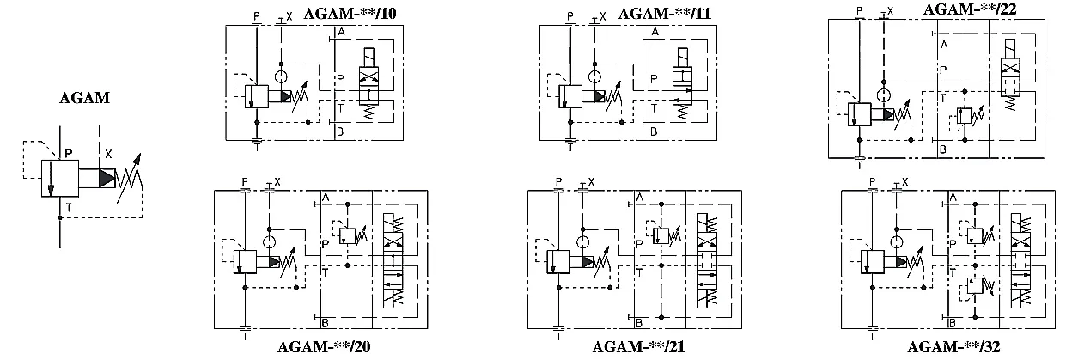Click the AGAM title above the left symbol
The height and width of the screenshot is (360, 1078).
point(85,98)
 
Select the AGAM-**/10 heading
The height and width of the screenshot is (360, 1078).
point(350,14)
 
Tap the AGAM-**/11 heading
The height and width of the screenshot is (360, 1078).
point(665,14)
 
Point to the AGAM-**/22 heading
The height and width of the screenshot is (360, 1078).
point(970,9)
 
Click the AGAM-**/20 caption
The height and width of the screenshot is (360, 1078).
point(324,346)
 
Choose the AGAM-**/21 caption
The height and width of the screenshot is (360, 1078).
point(638,346)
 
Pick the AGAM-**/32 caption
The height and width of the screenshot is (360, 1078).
point(953,346)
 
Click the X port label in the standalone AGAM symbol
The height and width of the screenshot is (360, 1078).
point(109,154)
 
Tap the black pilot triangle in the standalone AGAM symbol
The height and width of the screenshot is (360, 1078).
point(107,178)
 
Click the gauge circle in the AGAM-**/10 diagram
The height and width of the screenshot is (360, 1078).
point(281,77)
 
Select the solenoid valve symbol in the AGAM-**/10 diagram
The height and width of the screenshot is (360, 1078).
point(368,83)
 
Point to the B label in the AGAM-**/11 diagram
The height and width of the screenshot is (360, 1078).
point(654,131)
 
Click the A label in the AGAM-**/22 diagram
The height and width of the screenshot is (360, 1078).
point(944,45)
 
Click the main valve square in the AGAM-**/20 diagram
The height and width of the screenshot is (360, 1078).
point(245,262)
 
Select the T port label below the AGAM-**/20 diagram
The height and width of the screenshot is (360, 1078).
point(245,337)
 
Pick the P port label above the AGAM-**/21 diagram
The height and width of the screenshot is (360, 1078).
point(558,182)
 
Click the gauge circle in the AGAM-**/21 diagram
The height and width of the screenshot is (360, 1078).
point(582,242)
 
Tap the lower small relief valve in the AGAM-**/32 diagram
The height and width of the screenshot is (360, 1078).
point(975,286)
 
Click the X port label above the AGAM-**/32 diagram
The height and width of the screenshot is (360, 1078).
point(904,182)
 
